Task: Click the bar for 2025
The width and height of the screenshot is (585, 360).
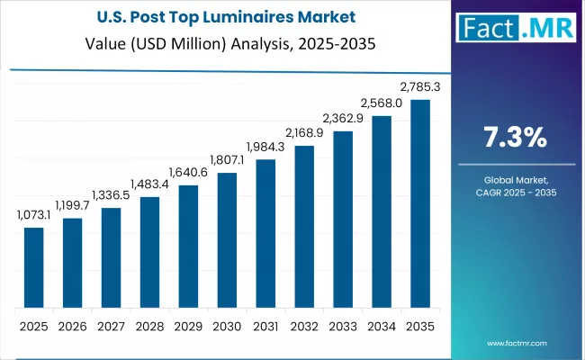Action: click(x=33, y=266)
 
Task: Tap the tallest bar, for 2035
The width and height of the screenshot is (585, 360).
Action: click(x=420, y=202)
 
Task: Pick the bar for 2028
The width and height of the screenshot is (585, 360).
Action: click(x=149, y=251)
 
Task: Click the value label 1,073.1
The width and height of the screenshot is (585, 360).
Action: click(x=33, y=216)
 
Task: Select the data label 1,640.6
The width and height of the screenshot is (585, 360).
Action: click(x=188, y=174)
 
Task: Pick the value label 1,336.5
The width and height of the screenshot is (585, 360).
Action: click(x=111, y=196)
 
